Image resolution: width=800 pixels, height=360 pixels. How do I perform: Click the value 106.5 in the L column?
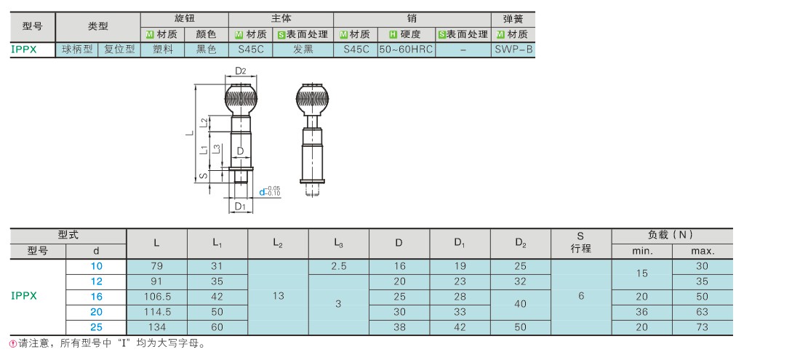[x=156, y=297]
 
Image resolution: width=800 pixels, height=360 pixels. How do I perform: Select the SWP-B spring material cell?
[x=513, y=49]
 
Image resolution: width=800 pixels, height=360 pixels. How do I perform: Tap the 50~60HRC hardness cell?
[x=406, y=49]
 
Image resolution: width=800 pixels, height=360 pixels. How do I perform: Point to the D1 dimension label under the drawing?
[x=241, y=206]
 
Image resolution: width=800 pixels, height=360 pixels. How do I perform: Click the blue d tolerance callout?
[x=269, y=191]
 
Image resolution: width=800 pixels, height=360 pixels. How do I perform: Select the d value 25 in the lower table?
[x=97, y=327]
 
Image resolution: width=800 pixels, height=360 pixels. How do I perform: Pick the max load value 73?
[x=702, y=327]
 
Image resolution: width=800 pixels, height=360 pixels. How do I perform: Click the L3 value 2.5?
[x=339, y=266]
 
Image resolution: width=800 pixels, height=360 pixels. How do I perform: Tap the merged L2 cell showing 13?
[x=278, y=296]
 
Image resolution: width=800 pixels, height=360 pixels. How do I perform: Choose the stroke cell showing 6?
[x=581, y=296]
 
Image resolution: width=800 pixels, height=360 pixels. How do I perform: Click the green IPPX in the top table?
[x=24, y=49]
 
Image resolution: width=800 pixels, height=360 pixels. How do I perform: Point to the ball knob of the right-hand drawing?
[x=312, y=100]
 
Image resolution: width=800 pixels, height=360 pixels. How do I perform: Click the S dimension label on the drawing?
[x=203, y=176]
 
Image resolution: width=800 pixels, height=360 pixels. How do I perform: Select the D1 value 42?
[x=460, y=327]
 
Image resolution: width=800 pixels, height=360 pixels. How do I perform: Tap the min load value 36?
[x=642, y=312]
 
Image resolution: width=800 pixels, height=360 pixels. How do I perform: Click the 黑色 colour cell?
[x=207, y=49]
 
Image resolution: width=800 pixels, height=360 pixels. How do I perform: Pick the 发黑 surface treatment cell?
[x=303, y=49]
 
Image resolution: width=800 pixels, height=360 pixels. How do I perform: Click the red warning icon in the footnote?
[x=14, y=344]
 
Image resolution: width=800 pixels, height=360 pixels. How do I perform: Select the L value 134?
[x=156, y=327]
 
